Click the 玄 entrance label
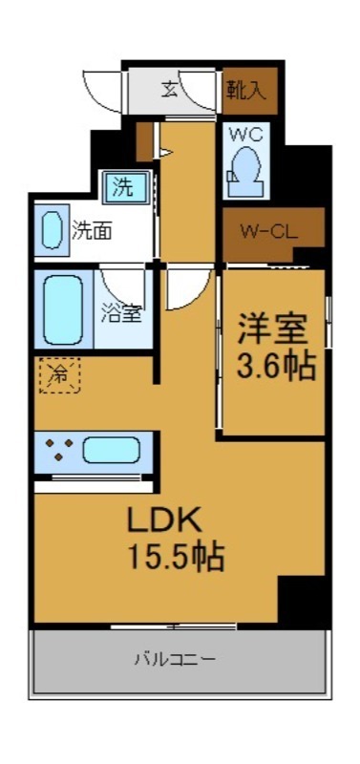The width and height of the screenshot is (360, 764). pos(169,91)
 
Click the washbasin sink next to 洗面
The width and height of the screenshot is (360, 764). pos(51,230)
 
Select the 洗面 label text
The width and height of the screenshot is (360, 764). pos(92,230)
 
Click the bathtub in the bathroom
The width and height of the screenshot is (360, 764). pos(63,308)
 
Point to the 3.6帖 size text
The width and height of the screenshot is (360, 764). pos(275,368)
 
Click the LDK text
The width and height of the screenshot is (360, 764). pos(163,521)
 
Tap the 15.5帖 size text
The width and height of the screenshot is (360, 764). pos(177,556)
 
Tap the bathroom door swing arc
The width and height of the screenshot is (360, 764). pos(122,284)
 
